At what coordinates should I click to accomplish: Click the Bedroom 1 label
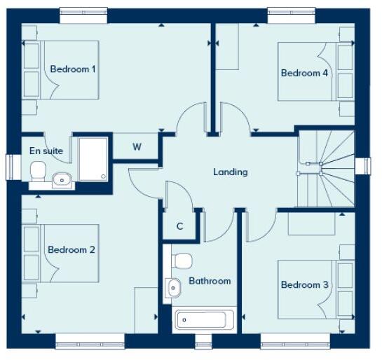pos(73,69)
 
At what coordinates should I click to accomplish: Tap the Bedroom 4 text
pos(305,73)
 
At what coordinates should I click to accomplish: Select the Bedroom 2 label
pos(71,249)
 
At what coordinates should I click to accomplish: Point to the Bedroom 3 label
pos(305,284)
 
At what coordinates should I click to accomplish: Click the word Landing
pos(231,172)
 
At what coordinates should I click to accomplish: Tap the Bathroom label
pos(210,281)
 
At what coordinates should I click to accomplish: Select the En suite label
pos(46,151)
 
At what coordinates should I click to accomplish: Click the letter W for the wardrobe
pos(137,147)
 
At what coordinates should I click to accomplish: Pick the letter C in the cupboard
pos(179,226)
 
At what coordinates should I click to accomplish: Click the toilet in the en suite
pos(39,170)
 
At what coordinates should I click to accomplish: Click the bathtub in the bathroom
pos(202,321)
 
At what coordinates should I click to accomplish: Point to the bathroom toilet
pos(182,261)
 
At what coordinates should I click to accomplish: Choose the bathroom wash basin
pos(172,286)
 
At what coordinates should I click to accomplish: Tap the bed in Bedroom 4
pos(315,72)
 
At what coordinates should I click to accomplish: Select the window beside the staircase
pos(364,166)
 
